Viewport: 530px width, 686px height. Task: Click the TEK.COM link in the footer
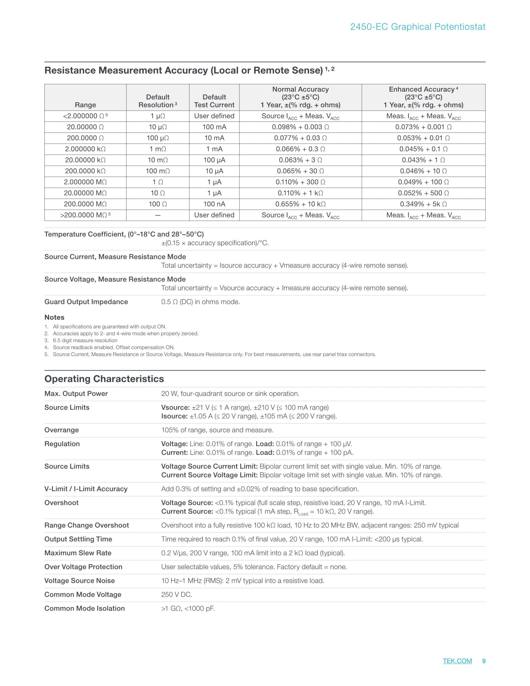coord(457,661)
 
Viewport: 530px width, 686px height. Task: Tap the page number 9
coord(484,661)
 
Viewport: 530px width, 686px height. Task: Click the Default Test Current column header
coord(214,101)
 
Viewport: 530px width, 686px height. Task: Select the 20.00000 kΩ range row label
coord(85,160)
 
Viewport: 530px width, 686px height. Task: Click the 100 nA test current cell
coord(214,204)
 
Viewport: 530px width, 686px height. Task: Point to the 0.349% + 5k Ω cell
coord(423,204)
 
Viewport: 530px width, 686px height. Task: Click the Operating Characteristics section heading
coord(104,379)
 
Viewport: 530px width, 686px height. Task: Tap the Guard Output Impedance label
coord(86,302)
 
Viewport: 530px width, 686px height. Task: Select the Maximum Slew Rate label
coord(78,553)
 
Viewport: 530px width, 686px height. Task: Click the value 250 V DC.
coord(176,594)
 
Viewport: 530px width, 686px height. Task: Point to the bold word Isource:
coord(174,416)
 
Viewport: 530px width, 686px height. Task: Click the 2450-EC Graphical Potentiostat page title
coord(418,27)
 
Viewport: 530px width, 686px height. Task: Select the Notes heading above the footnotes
coord(54,317)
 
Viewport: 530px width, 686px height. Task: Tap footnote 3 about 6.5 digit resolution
coord(85,341)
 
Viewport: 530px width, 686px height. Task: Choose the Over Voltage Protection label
coord(83,567)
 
